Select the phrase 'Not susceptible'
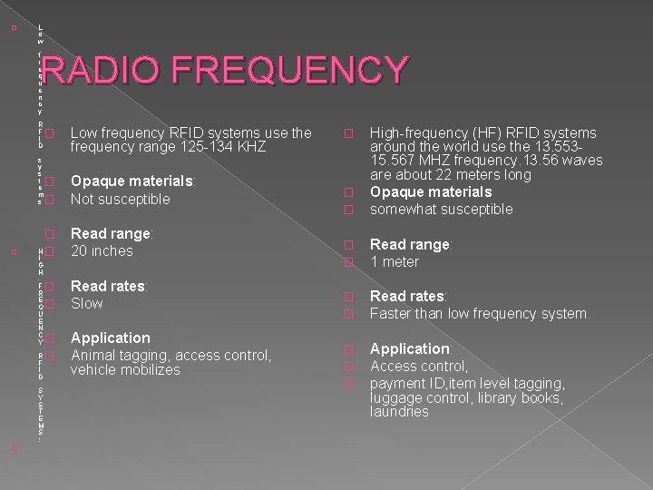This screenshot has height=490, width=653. [120, 199]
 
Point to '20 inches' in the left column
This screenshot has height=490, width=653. [102, 250]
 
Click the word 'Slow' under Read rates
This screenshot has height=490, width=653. [87, 303]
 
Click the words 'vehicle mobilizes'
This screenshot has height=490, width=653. [125, 370]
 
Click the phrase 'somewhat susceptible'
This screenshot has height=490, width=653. [441, 209]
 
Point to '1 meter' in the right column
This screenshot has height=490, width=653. [395, 261]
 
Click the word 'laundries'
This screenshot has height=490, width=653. [399, 412]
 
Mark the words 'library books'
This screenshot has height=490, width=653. [522, 397]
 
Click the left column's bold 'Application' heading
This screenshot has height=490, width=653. [110, 338]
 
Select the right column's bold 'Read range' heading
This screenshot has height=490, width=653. [409, 244]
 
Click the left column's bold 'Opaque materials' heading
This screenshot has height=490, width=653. [132, 181]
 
